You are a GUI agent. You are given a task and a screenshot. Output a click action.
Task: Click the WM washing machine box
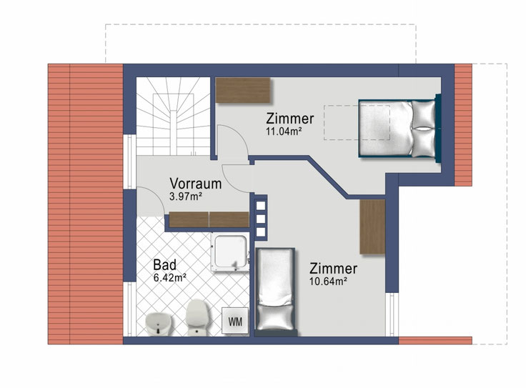click(235, 321)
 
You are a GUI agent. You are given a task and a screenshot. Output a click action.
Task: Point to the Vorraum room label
click(195, 184)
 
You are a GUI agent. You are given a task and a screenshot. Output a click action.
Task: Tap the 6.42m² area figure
click(170, 277)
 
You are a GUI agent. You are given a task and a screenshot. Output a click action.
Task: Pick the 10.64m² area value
click(328, 282)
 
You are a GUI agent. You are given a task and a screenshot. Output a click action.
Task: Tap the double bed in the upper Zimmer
click(399, 129)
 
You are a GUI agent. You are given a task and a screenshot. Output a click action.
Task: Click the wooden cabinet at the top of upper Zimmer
click(244, 91)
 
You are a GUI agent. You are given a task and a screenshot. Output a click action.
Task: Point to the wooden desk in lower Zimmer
click(372, 227)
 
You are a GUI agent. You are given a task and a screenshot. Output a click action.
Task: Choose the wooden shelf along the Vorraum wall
click(208, 220)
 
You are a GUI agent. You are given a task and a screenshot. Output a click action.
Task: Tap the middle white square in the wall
click(260, 219)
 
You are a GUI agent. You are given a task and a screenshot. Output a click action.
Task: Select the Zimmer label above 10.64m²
click(333, 269)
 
